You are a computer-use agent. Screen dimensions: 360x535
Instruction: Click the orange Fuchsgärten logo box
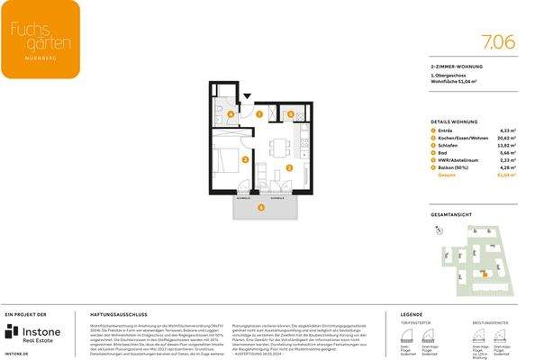pyautogui.click(x=40, y=39)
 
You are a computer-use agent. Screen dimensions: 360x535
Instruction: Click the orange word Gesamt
pyautogui.click(x=446, y=175)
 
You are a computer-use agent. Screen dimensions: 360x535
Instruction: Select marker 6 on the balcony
pyautogui.click(x=261, y=209)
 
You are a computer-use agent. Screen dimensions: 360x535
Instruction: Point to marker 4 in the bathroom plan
pyautogui.click(x=231, y=115)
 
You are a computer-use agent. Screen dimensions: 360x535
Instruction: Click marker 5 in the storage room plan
pyautogui.click(x=291, y=114)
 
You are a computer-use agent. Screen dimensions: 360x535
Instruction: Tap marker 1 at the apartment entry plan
pyautogui.click(x=259, y=115)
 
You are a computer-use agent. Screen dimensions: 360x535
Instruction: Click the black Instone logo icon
pyautogui.click(x=13, y=332)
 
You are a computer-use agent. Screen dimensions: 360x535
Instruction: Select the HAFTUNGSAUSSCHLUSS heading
pyautogui.click(x=113, y=316)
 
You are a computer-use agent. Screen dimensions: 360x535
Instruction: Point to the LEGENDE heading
pyautogui.click(x=411, y=316)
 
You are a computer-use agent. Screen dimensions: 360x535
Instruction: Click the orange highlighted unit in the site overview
pyautogui.click(x=485, y=274)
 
